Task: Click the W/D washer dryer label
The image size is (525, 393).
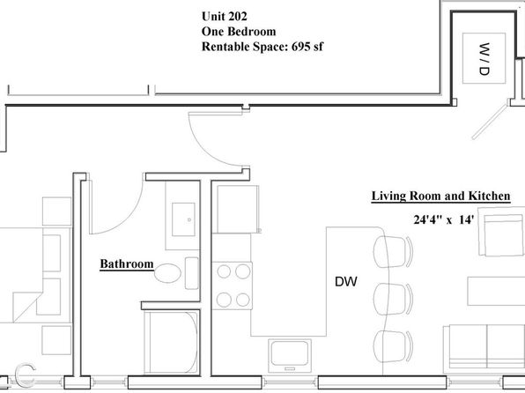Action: click(x=484, y=59)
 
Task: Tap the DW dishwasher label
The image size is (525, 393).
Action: click(x=346, y=281)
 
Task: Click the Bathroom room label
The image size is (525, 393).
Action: click(x=127, y=264)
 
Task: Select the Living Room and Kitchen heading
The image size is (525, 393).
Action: click(x=441, y=196)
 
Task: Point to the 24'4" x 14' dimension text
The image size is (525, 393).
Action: click(x=444, y=219)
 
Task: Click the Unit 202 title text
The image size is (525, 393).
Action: click(x=225, y=16)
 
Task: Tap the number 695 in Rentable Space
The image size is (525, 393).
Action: click(x=300, y=46)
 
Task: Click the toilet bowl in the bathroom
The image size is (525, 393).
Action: click(x=167, y=273)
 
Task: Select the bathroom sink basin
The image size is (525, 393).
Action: click(x=183, y=219)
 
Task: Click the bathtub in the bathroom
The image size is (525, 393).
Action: click(x=172, y=342)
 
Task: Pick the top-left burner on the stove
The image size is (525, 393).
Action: click(x=224, y=271)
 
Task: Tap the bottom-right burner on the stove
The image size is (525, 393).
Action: click(x=243, y=300)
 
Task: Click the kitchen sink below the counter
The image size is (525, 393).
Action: click(x=290, y=355)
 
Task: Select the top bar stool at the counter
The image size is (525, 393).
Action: click(x=393, y=252)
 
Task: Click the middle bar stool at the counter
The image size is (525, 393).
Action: click(x=393, y=300)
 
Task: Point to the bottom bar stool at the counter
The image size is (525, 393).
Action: click(x=393, y=346)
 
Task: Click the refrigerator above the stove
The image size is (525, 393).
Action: click(x=238, y=209)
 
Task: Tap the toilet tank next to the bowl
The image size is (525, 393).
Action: click(x=191, y=273)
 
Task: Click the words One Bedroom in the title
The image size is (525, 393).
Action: click(x=239, y=31)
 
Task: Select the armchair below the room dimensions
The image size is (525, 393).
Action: click(x=501, y=232)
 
